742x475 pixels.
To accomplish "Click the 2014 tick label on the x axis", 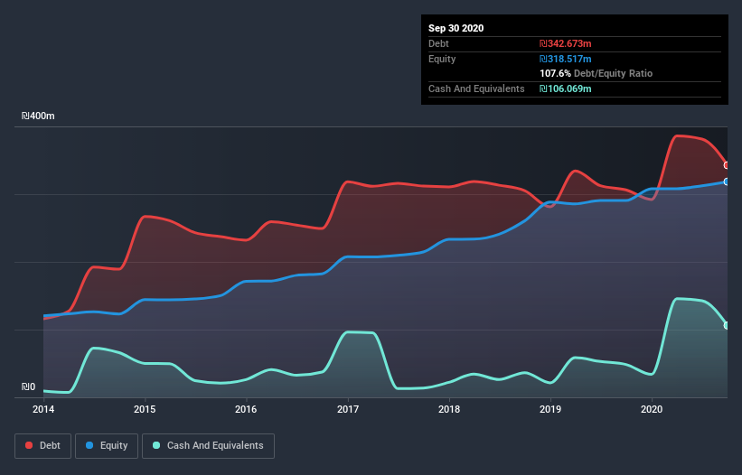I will (43, 409).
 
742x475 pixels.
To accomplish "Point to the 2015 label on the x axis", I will (145, 409).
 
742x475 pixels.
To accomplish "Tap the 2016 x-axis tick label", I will (246, 409).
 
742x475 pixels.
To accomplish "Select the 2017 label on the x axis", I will (348, 409).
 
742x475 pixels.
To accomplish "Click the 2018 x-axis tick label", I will (449, 409).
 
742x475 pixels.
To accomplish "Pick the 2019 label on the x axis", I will (550, 409).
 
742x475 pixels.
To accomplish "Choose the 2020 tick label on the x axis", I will (653, 409).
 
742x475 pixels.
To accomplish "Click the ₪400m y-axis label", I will (38, 116).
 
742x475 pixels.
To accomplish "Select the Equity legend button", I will (107, 445).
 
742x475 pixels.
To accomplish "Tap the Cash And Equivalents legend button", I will (208, 445).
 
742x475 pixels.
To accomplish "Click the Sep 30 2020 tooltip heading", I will (456, 28).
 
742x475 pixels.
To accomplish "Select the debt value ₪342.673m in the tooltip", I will (565, 43).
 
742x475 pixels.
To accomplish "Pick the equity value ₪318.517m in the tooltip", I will (565, 59).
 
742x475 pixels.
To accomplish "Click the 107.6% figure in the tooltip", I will (554, 73).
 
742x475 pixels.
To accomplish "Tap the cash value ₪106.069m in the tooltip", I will (565, 88).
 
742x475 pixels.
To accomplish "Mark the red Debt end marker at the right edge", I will (727, 165).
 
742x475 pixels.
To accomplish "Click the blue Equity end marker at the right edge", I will (727, 182).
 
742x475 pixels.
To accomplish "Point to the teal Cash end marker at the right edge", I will (727, 325).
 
